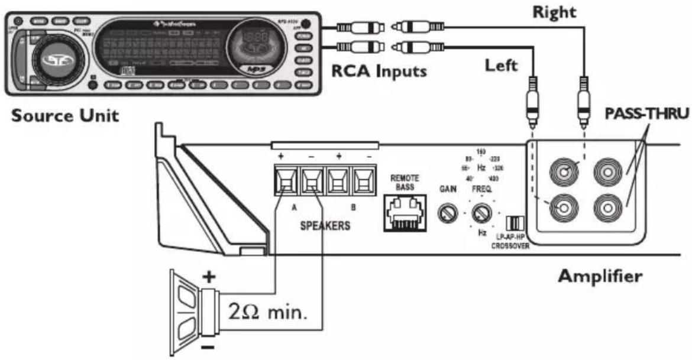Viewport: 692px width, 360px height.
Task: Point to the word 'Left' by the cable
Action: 502,65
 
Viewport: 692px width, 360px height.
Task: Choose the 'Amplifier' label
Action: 600,275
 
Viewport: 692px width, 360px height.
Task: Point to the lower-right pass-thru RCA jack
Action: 609,208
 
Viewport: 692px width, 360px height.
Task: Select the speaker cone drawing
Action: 188,310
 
